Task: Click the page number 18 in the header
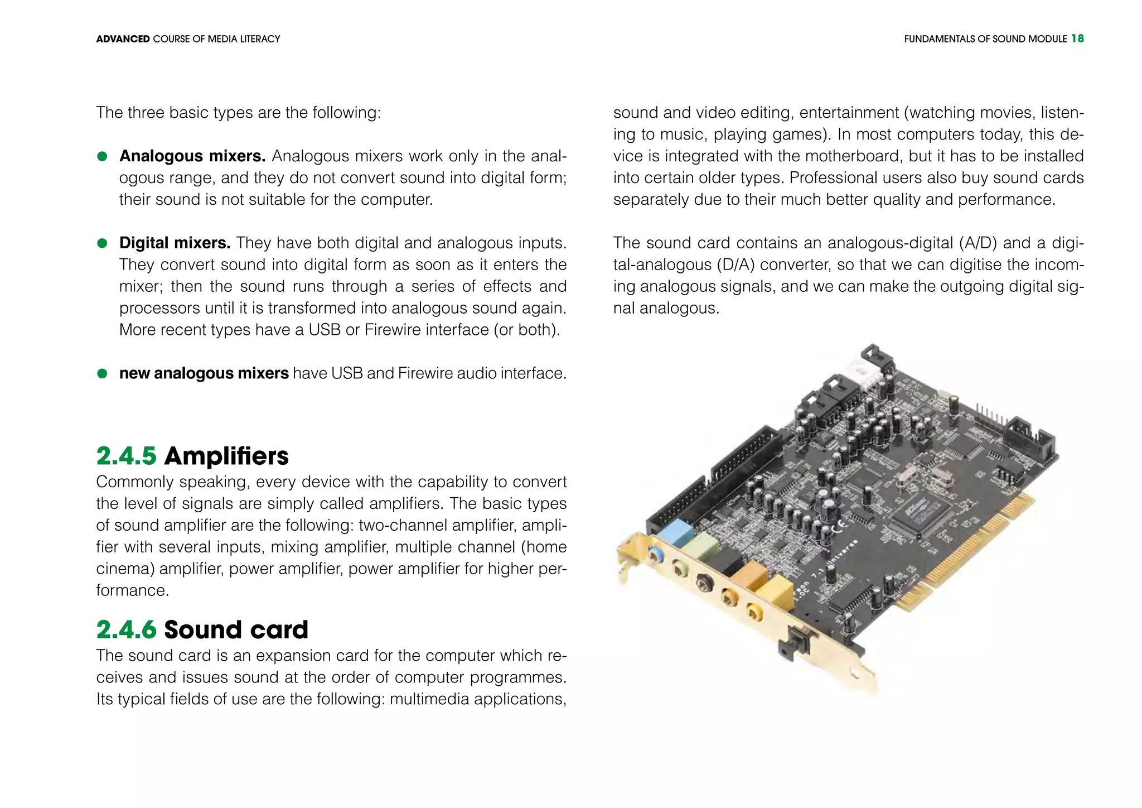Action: click(x=1077, y=39)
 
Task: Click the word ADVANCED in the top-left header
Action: click(x=123, y=39)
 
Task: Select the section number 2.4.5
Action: click(x=126, y=456)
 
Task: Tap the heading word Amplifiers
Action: click(x=226, y=456)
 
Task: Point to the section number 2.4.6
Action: click(x=126, y=629)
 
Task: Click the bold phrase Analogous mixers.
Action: click(x=192, y=156)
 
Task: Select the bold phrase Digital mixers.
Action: click(x=175, y=243)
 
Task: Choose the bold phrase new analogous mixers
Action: click(x=204, y=373)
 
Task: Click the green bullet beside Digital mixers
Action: click(x=102, y=243)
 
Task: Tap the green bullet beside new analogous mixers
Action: click(x=102, y=373)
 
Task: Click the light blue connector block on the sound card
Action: click(x=674, y=532)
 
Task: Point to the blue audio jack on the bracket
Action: click(x=657, y=555)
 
